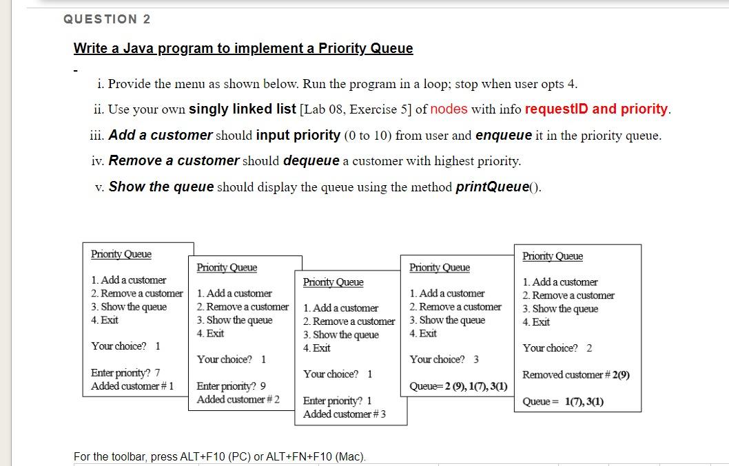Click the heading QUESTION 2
(x=107, y=19)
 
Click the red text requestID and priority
(x=597, y=109)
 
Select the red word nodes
(x=449, y=109)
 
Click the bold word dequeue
(x=311, y=161)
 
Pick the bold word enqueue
(x=503, y=135)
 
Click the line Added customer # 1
(x=132, y=386)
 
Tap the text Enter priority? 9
(x=232, y=386)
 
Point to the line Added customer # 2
(x=238, y=399)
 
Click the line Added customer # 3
(x=345, y=414)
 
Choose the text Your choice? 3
(x=444, y=359)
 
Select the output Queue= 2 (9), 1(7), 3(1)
(x=458, y=386)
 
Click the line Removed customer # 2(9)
(x=576, y=375)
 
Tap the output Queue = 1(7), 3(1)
(x=563, y=402)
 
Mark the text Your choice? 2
(x=557, y=348)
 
